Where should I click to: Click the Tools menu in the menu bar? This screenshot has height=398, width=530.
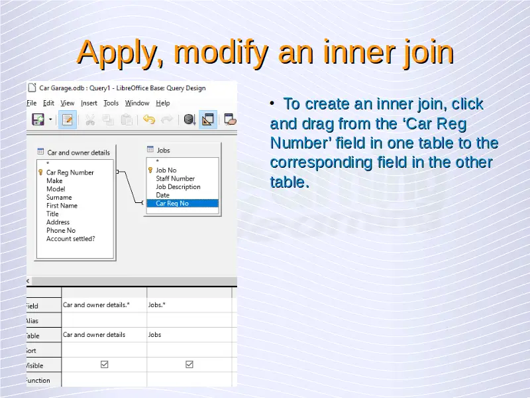[111, 103]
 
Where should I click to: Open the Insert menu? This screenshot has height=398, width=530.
[89, 103]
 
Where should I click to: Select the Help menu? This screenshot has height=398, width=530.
[163, 103]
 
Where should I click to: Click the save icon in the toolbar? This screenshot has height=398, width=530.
[38, 119]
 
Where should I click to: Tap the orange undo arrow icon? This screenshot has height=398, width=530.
[148, 119]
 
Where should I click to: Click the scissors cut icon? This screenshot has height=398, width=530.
[90, 120]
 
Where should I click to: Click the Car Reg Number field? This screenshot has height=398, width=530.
[70, 172]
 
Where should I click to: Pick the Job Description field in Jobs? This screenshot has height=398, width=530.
[178, 187]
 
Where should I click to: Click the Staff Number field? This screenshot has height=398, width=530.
[175, 178]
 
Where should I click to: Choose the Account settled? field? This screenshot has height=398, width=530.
[71, 239]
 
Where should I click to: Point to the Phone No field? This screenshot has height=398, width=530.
[61, 230]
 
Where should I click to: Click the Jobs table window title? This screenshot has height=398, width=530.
[163, 151]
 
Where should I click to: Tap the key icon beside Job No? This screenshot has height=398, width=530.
[150, 170]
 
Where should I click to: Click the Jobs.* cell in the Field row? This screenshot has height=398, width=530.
[157, 305]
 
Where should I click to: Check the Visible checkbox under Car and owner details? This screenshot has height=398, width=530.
[105, 364]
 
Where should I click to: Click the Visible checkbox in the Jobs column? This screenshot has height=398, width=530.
[189, 364]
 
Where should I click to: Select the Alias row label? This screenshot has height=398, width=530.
[32, 321]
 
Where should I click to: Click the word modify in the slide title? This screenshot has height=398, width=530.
[221, 53]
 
